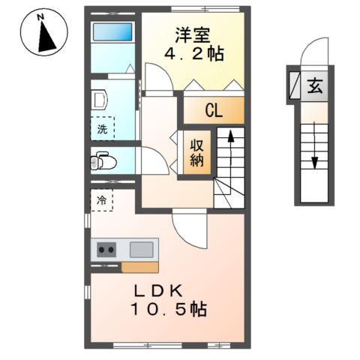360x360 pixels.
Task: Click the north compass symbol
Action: tap(45, 33)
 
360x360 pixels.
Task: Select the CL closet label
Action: tap(214, 112)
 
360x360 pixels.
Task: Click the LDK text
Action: tap(166, 291)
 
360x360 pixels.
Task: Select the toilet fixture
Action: tap(103, 160)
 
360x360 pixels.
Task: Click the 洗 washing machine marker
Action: tap(103, 128)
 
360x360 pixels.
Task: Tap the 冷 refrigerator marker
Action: tap(102, 201)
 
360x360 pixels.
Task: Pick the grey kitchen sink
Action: tap(141, 250)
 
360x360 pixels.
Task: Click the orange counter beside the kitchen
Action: tap(139, 266)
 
